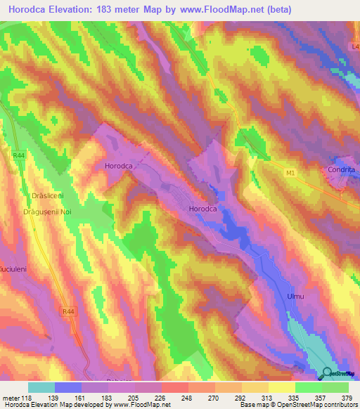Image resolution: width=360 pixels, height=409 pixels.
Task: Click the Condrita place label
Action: [341, 169]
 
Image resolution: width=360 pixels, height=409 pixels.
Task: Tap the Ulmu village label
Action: [296, 297]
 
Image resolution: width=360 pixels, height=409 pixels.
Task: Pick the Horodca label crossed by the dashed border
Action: [118, 167]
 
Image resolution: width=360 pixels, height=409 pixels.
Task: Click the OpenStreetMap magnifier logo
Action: [327, 372]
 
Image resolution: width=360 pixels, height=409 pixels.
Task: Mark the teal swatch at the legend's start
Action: [41, 387]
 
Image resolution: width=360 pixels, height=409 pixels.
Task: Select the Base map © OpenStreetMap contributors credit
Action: [298, 405]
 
